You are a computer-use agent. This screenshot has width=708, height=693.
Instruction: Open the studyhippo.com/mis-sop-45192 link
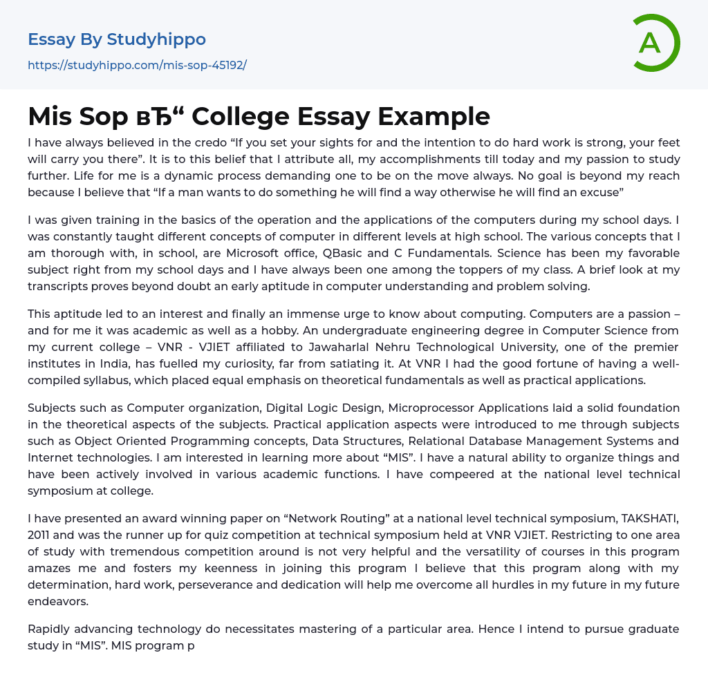click(x=137, y=65)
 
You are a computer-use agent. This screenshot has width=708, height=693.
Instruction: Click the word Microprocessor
click(x=431, y=408)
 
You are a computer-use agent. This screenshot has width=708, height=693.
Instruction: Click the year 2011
click(x=40, y=535)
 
